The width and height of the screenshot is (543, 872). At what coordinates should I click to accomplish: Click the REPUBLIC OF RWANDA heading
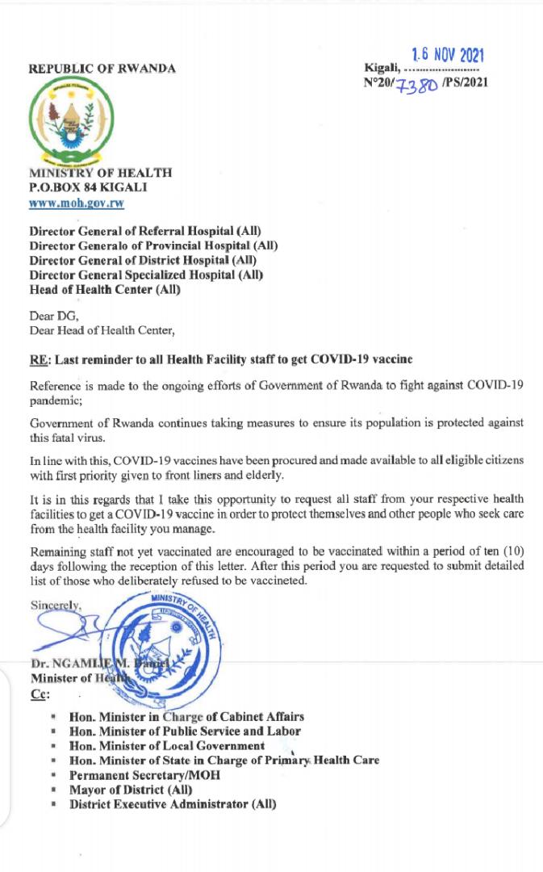click(x=102, y=69)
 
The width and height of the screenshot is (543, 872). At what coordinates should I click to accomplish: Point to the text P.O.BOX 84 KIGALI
click(x=89, y=187)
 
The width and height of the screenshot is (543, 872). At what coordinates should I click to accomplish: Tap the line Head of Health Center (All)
click(x=106, y=290)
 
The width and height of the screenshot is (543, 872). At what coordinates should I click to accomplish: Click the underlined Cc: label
click(x=40, y=694)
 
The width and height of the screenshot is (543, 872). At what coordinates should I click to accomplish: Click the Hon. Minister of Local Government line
click(x=167, y=746)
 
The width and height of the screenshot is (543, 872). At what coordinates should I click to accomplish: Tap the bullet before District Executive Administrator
click(x=53, y=805)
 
